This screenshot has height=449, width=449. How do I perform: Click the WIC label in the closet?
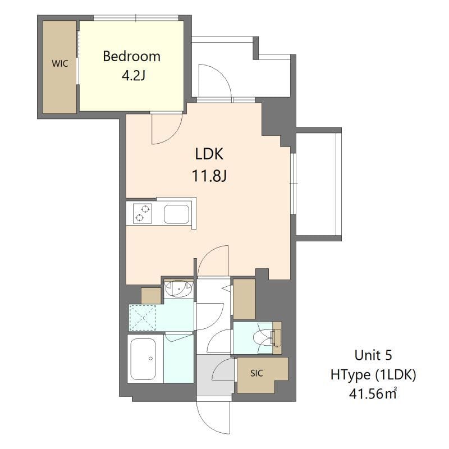point(59,64)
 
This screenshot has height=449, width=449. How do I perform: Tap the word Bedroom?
point(131,56)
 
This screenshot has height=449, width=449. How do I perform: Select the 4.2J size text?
point(134,75)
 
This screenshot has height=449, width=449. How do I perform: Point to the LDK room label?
point(209,154)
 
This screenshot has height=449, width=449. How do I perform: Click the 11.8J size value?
point(209,176)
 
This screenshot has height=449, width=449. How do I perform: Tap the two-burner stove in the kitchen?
point(143,214)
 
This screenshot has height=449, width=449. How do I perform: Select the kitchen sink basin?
point(176,214)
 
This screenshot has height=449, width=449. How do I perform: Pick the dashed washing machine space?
point(145,318)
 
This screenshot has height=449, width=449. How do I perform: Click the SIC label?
point(256,373)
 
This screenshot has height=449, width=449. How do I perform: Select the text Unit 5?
point(373,355)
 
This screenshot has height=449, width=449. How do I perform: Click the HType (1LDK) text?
point(373,374)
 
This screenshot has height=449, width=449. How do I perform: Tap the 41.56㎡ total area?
point(373,393)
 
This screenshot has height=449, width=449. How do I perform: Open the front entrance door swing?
point(214,418)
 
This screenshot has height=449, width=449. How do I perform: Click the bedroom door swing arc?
point(166,129)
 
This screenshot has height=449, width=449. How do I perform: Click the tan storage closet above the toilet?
point(244,299)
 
